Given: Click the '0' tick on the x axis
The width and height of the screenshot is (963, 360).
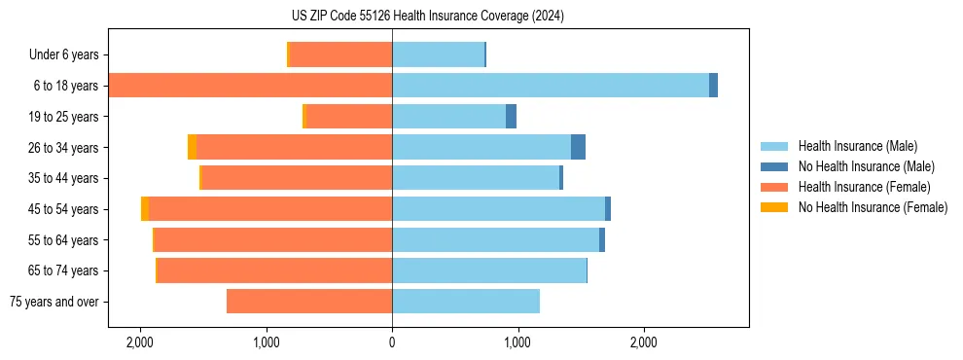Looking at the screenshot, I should tap(392, 342).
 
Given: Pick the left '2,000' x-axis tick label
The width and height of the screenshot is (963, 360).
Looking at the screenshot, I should tap(140, 342).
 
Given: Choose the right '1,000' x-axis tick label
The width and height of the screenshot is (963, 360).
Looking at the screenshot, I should tap(517, 342).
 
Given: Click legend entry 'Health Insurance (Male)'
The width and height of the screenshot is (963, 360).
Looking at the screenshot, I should tap(857, 146).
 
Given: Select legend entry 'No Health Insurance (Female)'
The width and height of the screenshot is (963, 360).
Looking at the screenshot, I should tap(873, 207).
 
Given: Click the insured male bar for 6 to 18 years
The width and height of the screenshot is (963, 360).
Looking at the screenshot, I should tap(550, 86).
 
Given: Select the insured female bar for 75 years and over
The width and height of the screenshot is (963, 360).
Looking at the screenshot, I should tap(309, 302).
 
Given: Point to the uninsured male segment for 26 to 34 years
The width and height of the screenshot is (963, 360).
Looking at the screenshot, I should tap(578, 147).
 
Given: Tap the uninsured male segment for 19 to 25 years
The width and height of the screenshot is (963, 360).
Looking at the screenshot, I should tap(511, 117).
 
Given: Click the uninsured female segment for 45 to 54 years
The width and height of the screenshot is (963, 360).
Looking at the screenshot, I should tap(145, 209).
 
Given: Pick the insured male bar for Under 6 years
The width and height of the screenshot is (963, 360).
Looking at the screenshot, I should tap(438, 54).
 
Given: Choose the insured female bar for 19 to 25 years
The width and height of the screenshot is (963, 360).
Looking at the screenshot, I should tap(349, 117).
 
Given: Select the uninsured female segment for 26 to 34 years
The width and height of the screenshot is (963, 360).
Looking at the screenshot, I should tap(192, 147).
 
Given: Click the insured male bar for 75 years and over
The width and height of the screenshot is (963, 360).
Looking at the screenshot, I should tap(466, 302).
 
